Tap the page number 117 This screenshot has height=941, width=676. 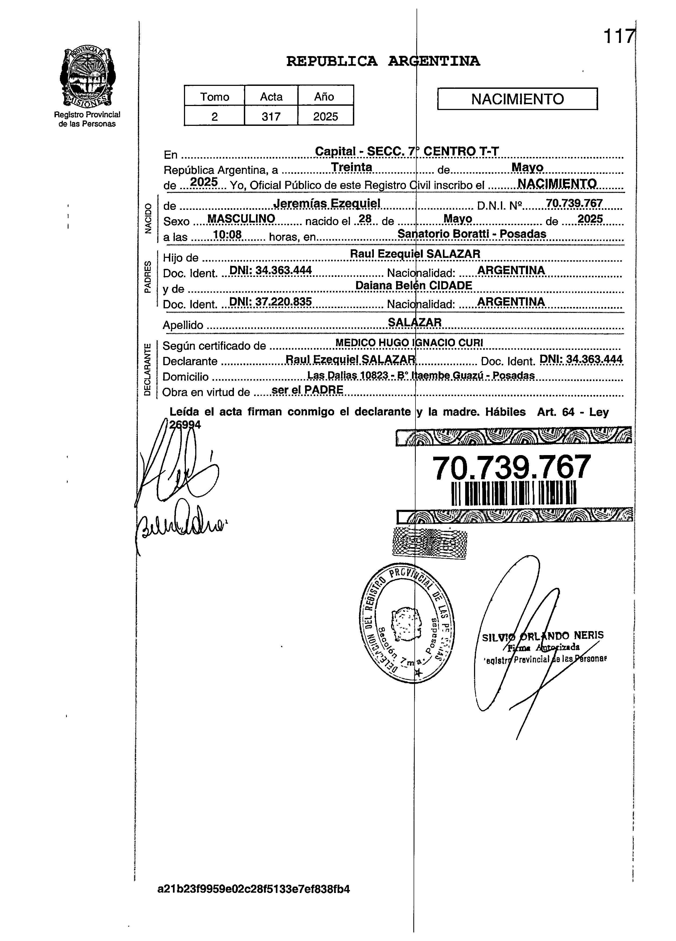(619, 36)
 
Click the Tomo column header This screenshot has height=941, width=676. (214, 97)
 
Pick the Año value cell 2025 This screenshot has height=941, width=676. (326, 117)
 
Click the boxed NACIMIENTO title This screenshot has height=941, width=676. (517, 99)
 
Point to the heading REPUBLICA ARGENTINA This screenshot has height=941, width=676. (383, 61)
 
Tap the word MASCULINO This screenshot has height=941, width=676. (241, 219)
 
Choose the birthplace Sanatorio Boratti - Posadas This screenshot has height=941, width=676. (472, 234)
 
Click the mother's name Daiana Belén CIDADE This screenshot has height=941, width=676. (414, 285)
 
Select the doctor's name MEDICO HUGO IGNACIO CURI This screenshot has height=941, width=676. (409, 343)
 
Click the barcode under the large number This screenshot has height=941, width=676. (513, 493)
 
